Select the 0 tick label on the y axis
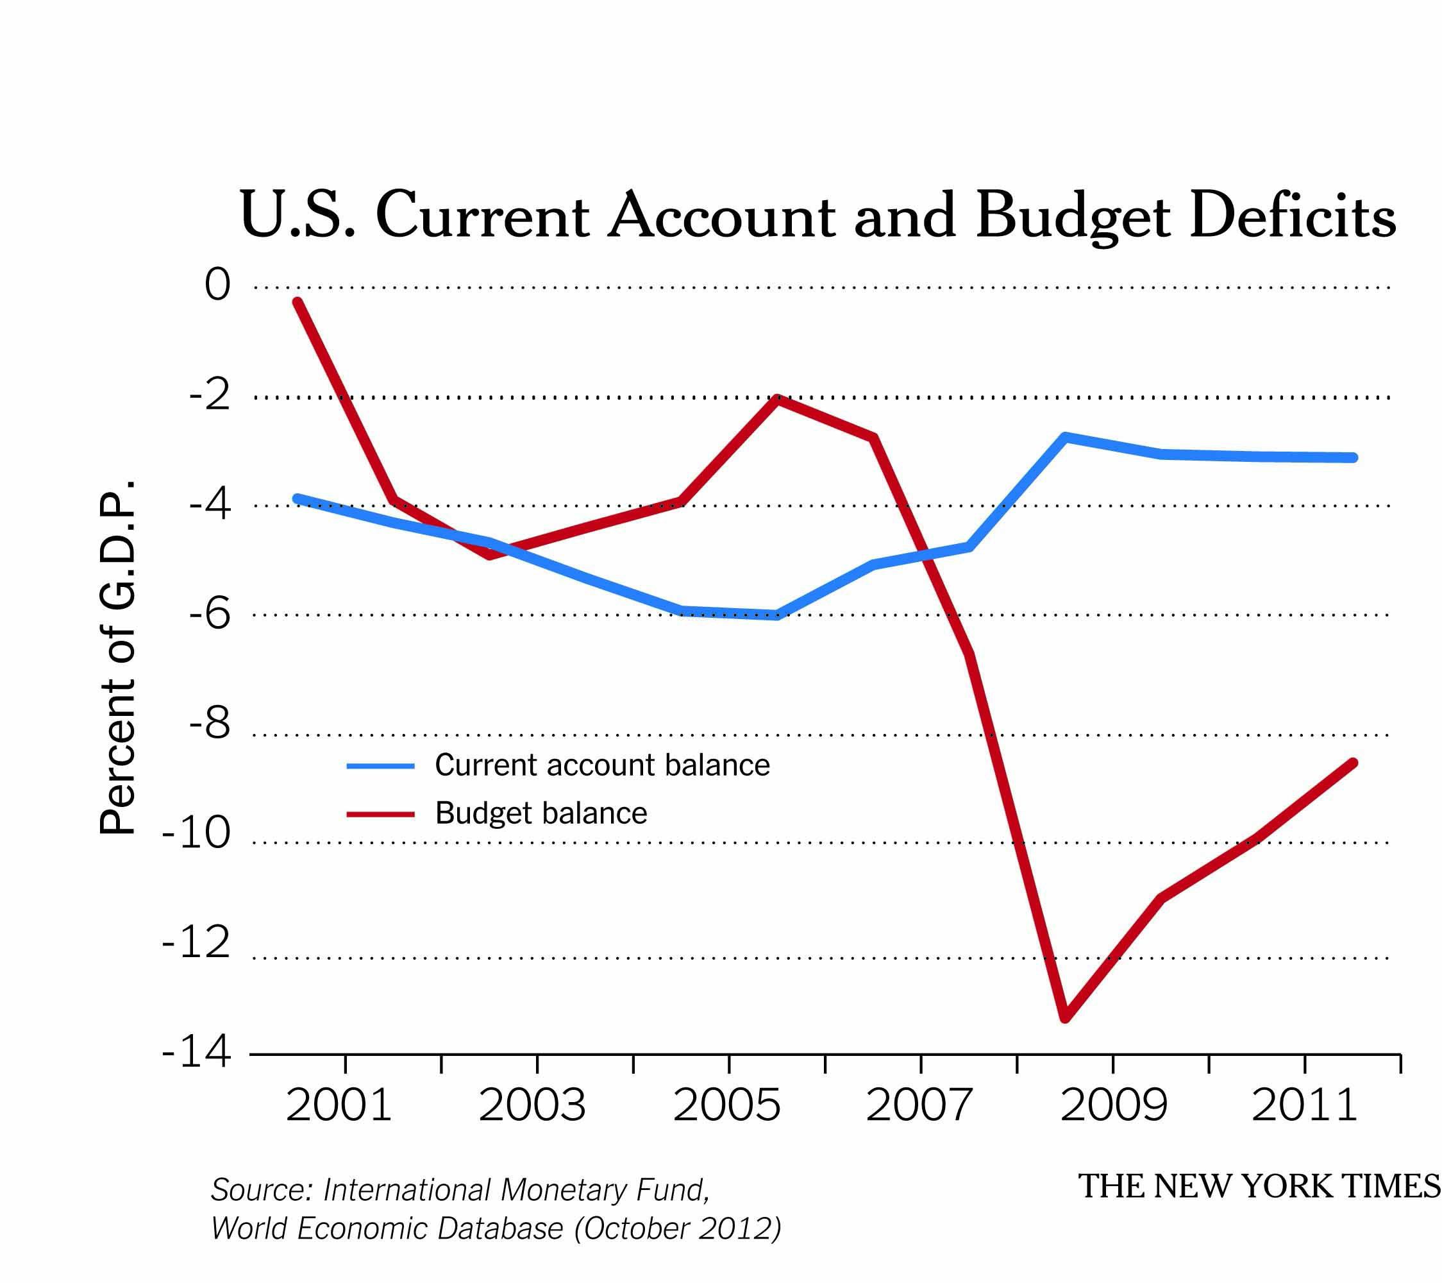[217, 285]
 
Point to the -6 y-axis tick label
[210, 613]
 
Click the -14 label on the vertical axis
[196, 1052]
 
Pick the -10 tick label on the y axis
[196, 833]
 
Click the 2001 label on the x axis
[339, 1105]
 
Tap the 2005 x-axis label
[726, 1105]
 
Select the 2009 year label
[1113, 1105]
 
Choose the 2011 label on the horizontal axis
[1304, 1105]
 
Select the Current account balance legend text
[602, 765]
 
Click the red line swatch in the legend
[380, 813]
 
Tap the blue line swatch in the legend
[380, 766]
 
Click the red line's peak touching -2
[776, 399]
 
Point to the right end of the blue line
[1353, 458]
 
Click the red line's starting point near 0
[298, 303]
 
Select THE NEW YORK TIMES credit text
[1259, 1186]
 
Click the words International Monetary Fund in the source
[515, 1190]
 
